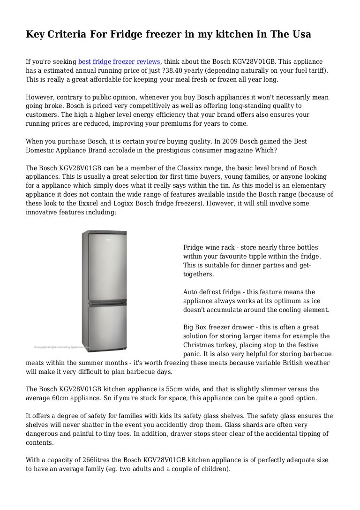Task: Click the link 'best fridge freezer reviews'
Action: coord(120,61)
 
